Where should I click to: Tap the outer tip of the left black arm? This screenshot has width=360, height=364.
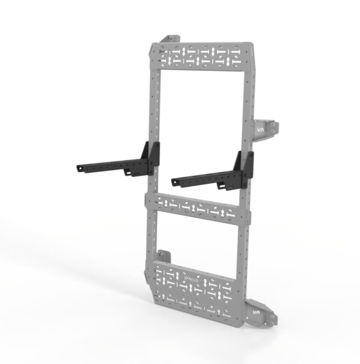click(x=79, y=169)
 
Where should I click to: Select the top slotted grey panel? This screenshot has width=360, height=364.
click(x=204, y=57)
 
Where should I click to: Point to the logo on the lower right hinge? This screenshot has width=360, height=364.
click(x=256, y=312)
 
